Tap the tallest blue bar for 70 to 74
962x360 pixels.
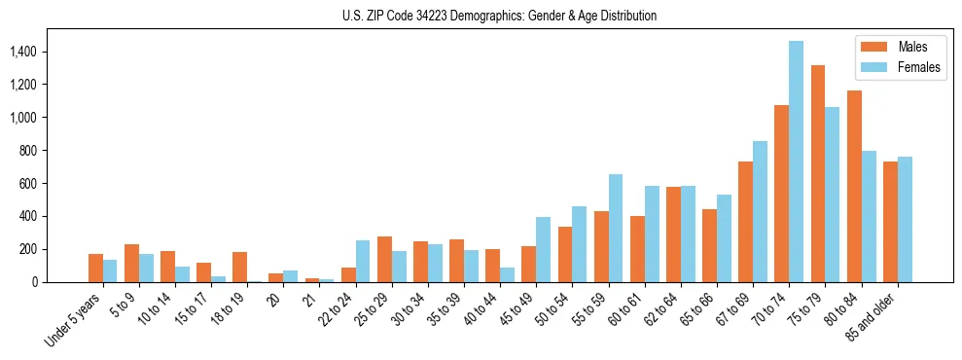coord(796,162)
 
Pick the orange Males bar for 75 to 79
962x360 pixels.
coord(818,173)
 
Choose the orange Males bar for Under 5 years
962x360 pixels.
coord(95,268)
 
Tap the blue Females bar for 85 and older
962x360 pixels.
coord(905,219)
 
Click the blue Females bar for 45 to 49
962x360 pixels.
coord(543,249)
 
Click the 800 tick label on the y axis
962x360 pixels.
coord(53,151)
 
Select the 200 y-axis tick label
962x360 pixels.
coord(53,249)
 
